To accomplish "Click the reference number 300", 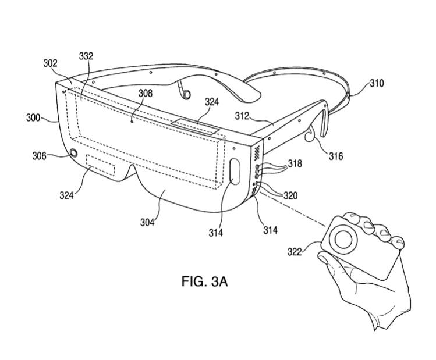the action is tap(33, 118).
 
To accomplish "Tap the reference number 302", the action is tap(50, 63).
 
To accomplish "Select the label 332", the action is tap(86, 56).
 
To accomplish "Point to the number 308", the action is tap(145, 93).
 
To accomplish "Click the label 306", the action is tap(39, 156).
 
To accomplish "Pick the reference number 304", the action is tap(147, 222).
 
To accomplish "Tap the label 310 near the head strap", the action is tap(377, 83).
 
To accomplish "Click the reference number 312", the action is tap(242, 116).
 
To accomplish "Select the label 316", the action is tap(336, 156).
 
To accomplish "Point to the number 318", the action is tap(295, 163).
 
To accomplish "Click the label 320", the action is tap(290, 196).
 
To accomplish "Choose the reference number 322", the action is tap(295, 252).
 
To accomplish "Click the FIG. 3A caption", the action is tap(205, 281).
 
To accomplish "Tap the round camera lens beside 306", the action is tap(74, 153).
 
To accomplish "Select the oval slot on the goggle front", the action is tap(235, 172).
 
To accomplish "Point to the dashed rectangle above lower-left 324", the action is tap(100, 165).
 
